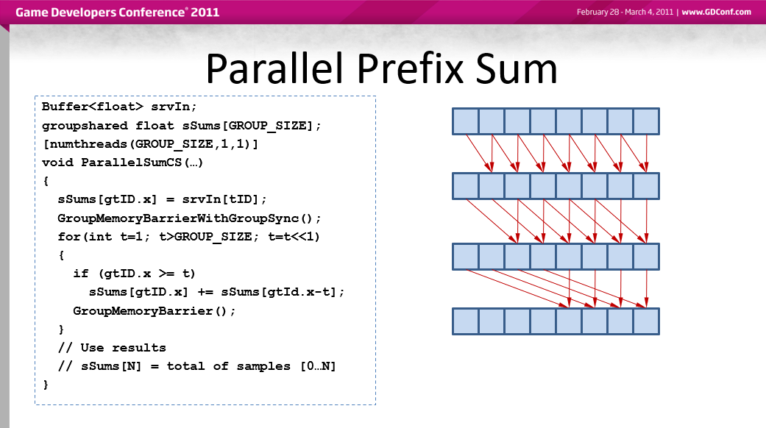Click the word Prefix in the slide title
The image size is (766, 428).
tap(411, 68)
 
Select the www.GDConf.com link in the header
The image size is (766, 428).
tap(716, 13)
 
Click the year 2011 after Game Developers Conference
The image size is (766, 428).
tap(205, 13)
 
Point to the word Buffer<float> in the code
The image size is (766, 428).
tap(92, 107)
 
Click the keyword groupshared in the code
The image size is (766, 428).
tap(85, 126)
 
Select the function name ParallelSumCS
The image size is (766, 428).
tap(132, 162)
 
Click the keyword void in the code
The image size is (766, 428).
tap(57, 162)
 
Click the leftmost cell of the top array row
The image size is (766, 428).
tap(466, 121)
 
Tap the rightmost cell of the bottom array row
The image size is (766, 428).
tap(646, 321)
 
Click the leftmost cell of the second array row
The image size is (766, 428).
tap(466, 186)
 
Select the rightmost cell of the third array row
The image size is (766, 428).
tap(646, 257)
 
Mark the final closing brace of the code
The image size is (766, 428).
tap(46, 385)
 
